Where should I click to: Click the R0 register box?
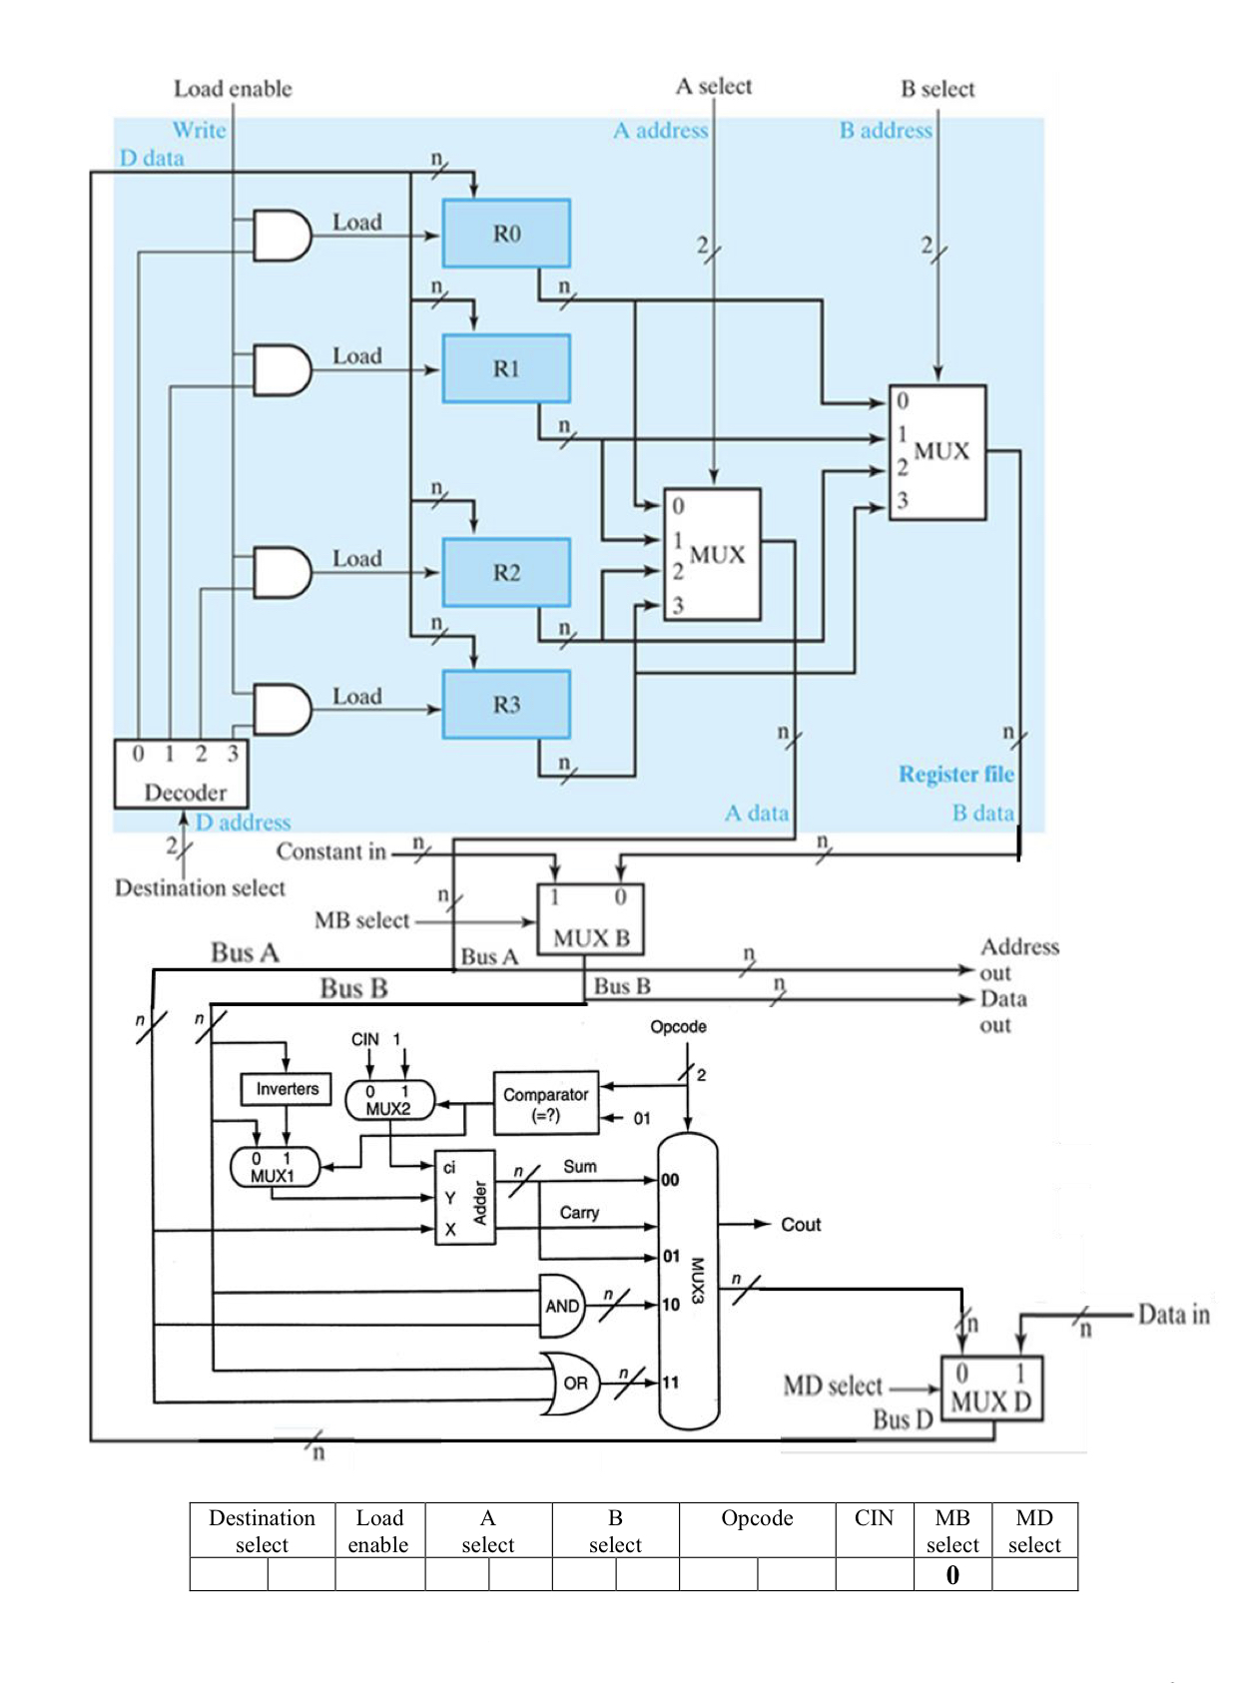pos(506,234)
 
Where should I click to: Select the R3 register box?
pos(506,705)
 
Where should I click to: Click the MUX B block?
pos(590,919)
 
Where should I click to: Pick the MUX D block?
pos(990,1389)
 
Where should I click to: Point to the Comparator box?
pos(546,1104)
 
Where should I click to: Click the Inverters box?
pos(287,1089)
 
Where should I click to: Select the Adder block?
pos(465,1198)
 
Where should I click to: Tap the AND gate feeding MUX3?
pos(562,1306)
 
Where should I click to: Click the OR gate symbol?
pos(573,1383)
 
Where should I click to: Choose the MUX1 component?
pos(274,1167)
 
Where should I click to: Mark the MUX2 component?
pos(389,1099)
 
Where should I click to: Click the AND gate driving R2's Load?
pos(282,572)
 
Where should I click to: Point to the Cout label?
pos(801,1225)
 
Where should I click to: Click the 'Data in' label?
pos(1174,1315)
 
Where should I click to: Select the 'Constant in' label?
pos(330,852)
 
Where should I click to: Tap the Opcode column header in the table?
pos(757,1518)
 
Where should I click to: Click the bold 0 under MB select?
pos(952,1575)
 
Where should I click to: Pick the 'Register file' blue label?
pos(955,775)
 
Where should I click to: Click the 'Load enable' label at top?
pos(233,89)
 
